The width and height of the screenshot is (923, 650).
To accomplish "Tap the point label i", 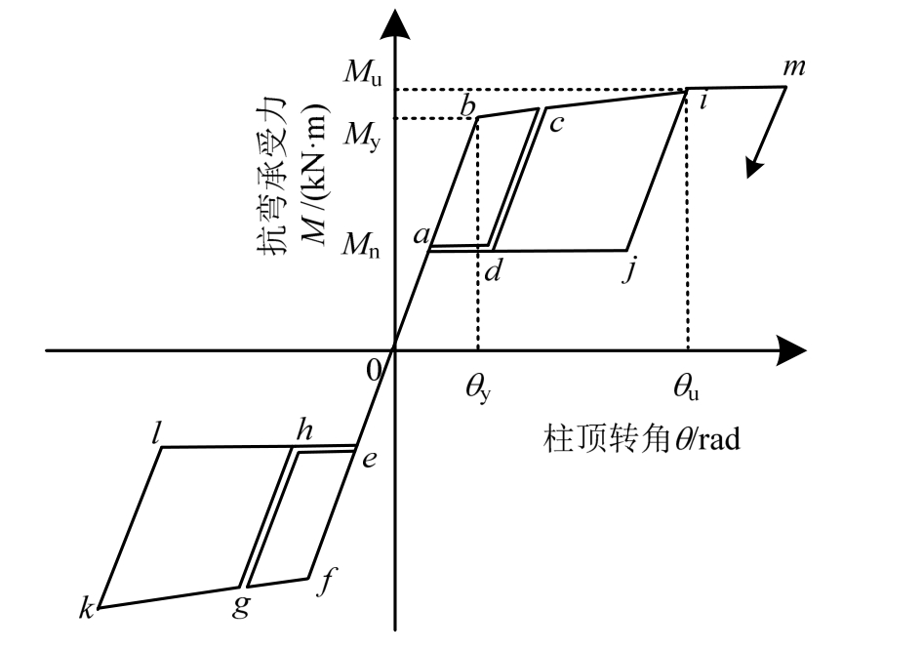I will pos(703,101).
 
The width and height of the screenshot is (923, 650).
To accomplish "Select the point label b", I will pos(468,102).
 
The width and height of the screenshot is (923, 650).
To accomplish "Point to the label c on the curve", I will pos(557,123).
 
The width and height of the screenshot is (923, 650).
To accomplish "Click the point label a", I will pos(422,235).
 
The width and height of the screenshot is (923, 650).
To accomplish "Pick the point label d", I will pos(493,270).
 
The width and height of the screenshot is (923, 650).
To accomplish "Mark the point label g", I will pos(241,606).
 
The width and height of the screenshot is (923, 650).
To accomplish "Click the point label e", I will pos(369,460).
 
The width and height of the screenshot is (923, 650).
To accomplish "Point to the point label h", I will pos(303,430).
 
